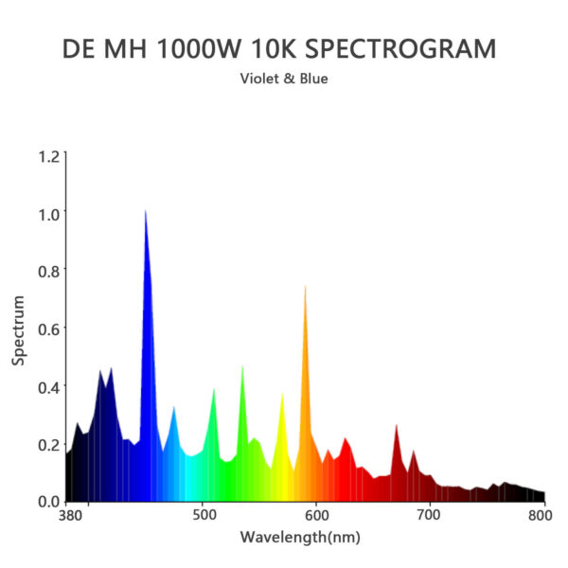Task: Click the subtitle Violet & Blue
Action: point(284,79)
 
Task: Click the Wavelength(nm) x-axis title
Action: point(300,538)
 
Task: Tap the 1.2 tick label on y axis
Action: point(48,155)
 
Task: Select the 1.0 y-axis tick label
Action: point(48,213)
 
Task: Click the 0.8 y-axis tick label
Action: point(48,271)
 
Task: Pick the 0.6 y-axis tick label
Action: point(48,328)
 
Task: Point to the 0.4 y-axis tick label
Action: point(48,386)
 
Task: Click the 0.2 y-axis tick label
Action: point(48,444)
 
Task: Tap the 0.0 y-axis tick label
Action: point(48,501)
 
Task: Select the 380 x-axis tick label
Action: point(70,517)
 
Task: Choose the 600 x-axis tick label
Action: point(317,517)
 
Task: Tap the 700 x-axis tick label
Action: point(430,517)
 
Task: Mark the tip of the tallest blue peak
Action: point(145,211)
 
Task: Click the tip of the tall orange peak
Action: point(305,286)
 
